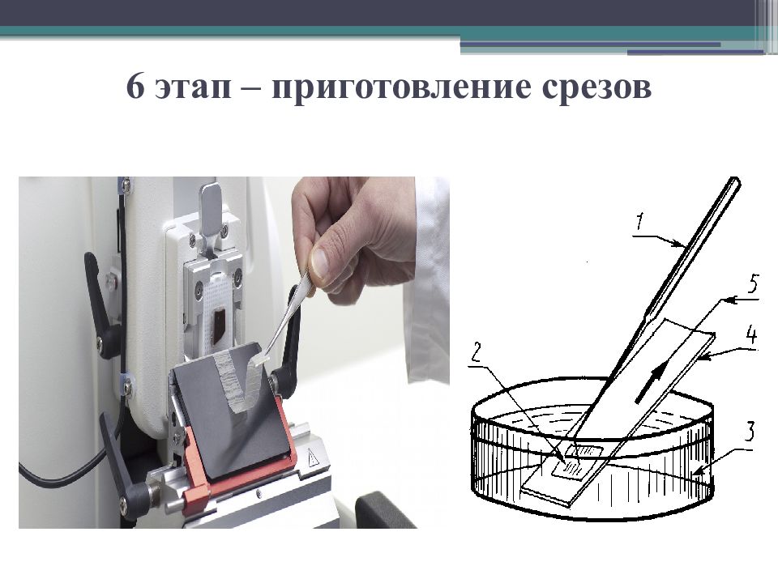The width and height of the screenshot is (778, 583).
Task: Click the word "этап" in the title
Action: pyautogui.click(x=193, y=87)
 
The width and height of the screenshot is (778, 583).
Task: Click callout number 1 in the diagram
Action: pyautogui.click(x=640, y=222)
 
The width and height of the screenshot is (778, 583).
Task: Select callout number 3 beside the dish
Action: pyautogui.click(x=750, y=432)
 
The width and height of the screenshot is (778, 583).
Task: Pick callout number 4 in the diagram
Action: pyautogui.click(x=752, y=334)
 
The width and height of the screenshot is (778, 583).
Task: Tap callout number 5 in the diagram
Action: pyautogui.click(x=753, y=285)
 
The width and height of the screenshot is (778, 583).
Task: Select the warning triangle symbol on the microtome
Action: pyautogui.click(x=313, y=457)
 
